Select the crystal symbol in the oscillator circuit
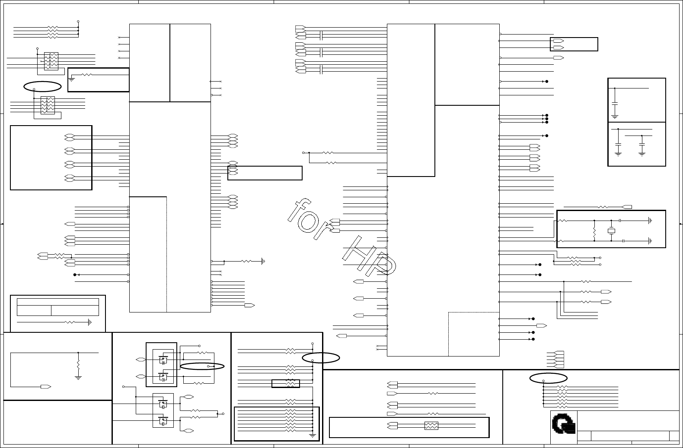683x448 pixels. (x=611, y=231)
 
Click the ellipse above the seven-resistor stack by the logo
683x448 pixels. (x=548, y=378)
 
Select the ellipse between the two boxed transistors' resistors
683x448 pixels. (x=202, y=366)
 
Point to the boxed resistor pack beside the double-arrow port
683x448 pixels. (x=431, y=426)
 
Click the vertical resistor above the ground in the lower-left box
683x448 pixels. (x=78, y=364)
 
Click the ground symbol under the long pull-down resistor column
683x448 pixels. (x=313, y=435)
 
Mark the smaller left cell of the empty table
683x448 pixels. (x=34, y=310)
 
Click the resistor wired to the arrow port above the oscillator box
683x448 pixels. (x=603, y=207)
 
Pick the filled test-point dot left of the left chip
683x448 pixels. (x=75, y=274)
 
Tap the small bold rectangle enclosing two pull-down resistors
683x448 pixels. (x=285, y=383)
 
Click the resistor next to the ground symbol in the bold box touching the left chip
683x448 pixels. (x=86, y=75)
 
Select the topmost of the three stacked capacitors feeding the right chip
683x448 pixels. (x=321, y=35)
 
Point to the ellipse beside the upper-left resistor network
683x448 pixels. (x=42, y=86)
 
